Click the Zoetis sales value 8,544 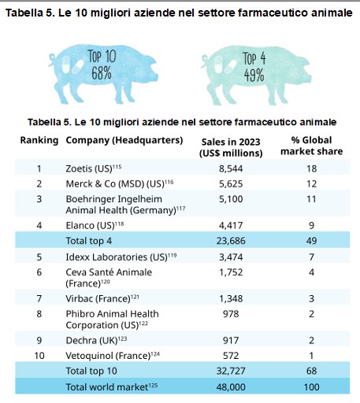tap(231, 168)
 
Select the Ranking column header tap(39, 140)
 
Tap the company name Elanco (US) tap(90, 225)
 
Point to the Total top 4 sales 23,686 tap(231, 241)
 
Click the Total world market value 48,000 tap(231, 386)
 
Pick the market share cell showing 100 tap(311, 386)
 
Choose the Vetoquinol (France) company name tap(108, 356)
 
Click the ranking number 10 tap(39, 356)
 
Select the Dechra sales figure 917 tap(231, 340)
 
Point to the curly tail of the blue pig tap(52, 59)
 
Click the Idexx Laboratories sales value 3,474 tap(231, 257)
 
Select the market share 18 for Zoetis tap(311, 168)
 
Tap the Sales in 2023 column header tap(231, 147)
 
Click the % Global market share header tap(311, 146)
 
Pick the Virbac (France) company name tap(98, 298)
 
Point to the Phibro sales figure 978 tap(231, 314)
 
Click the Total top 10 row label tap(91, 371)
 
